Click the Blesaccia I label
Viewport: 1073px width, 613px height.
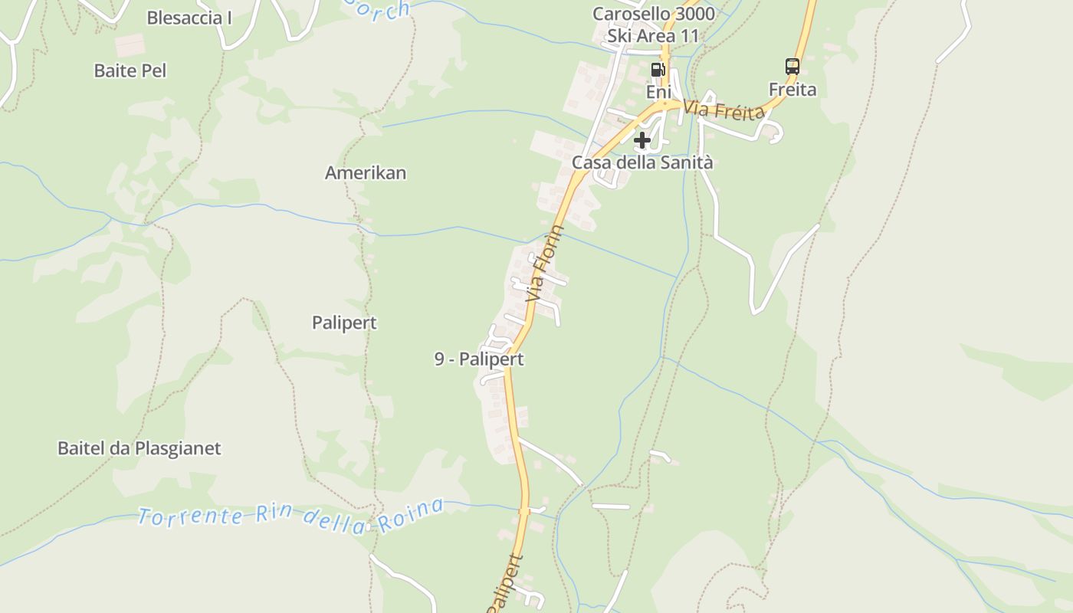pos(189,18)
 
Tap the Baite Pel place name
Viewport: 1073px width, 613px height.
pos(130,70)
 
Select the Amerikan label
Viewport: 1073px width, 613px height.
pos(366,172)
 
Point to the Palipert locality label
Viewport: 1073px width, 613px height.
pos(344,323)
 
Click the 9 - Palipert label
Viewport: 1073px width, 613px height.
pos(479,359)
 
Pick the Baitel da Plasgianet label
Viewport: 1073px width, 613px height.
pos(139,448)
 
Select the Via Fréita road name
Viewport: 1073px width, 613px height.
pos(724,110)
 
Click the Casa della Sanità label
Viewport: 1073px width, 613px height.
pos(642,162)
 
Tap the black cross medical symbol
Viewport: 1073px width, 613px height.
pos(642,140)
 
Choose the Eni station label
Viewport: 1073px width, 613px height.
pos(658,92)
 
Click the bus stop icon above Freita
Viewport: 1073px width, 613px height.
pos(792,67)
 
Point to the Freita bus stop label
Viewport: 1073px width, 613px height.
pos(792,90)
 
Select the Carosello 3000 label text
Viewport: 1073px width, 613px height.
pos(653,14)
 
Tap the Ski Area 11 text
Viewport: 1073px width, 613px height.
pos(653,36)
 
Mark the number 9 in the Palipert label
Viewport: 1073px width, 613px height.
pos(439,359)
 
